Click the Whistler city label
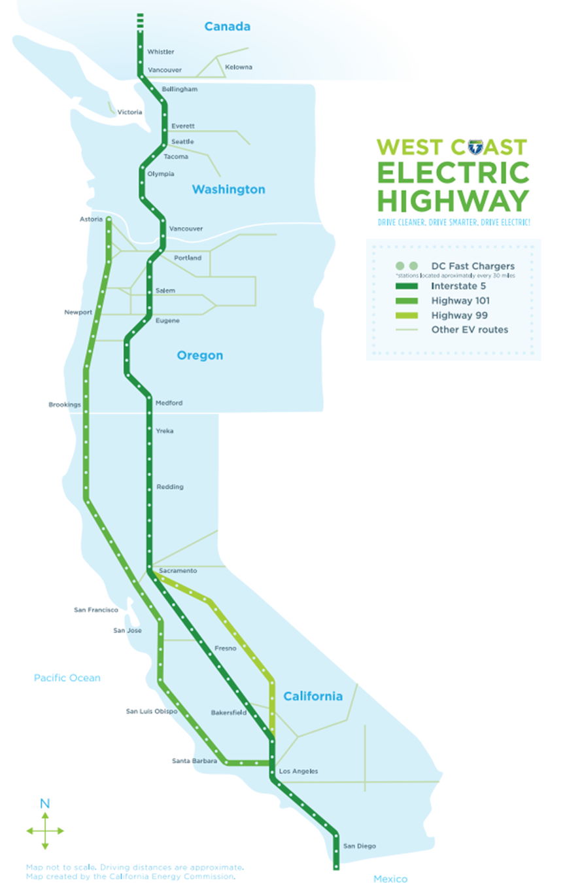(x=161, y=52)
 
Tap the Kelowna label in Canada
(x=238, y=67)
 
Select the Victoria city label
(x=129, y=113)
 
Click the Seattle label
(x=182, y=142)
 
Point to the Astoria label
(x=90, y=219)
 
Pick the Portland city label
(x=188, y=258)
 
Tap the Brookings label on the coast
(x=65, y=405)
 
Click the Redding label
(x=170, y=487)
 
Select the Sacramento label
(x=178, y=571)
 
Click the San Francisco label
(x=96, y=610)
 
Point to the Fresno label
(x=226, y=648)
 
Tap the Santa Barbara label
(x=194, y=761)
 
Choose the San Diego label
(x=360, y=846)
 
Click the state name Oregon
(x=200, y=356)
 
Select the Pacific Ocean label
(x=67, y=678)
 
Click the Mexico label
(x=390, y=879)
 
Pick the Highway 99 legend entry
(x=460, y=315)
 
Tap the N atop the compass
(x=45, y=804)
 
